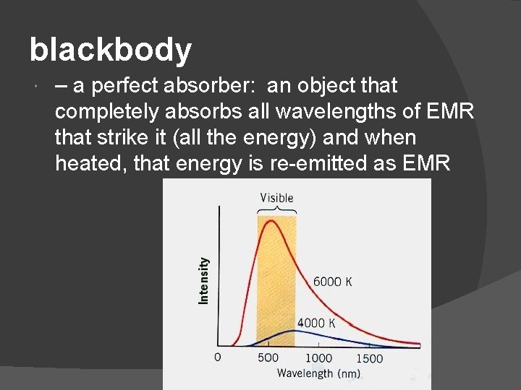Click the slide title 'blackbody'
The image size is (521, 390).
point(111,51)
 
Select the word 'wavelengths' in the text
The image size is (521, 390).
point(326,113)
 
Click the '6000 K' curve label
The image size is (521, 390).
point(332,282)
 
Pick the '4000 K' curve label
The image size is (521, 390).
point(316,323)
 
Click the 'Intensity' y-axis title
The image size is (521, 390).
point(204,280)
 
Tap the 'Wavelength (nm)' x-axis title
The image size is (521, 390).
point(318,373)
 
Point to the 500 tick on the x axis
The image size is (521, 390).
point(268,357)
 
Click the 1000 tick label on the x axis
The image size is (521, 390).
point(318,357)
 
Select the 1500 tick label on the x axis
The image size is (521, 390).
point(369,357)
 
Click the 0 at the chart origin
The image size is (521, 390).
point(217,357)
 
